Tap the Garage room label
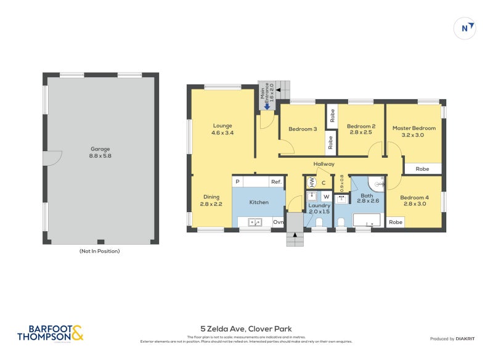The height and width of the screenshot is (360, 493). pyautogui.click(x=100, y=152)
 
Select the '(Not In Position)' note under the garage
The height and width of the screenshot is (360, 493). pyautogui.click(x=99, y=251)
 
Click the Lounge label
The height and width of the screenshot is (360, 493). pyautogui.click(x=222, y=129)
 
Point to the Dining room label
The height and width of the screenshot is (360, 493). pyautogui.click(x=211, y=200)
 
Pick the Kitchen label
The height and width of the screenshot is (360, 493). pyautogui.click(x=259, y=202)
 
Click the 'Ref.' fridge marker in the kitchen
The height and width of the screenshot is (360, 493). pyautogui.click(x=275, y=182)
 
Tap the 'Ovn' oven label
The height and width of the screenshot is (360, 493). pyautogui.click(x=278, y=222)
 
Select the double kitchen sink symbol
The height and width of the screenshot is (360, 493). pyautogui.click(x=255, y=222)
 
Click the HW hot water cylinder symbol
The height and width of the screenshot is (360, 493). pyautogui.click(x=311, y=182)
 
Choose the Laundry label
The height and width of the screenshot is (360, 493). pyautogui.click(x=319, y=208)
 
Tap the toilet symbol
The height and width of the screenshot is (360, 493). pyautogui.click(x=341, y=222)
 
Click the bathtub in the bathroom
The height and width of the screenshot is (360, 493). pyautogui.click(x=367, y=220)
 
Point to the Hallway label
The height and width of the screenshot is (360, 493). pyautogui.click(x=324, y=164)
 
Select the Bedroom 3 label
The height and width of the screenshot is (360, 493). pyautogui.click(x=303, y=129)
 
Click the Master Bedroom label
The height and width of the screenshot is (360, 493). pyautogui.click(x=414, y=131)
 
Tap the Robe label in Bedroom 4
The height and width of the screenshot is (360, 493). pyautogui.click(x=395, y=222)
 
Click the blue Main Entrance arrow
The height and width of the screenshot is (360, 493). pyautogui.click(x=266, y=105)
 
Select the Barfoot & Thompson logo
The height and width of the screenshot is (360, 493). pyautogui.click(x=50, y=333)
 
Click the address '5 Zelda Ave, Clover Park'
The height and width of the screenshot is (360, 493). pyautogui.click(x=246, y=329)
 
